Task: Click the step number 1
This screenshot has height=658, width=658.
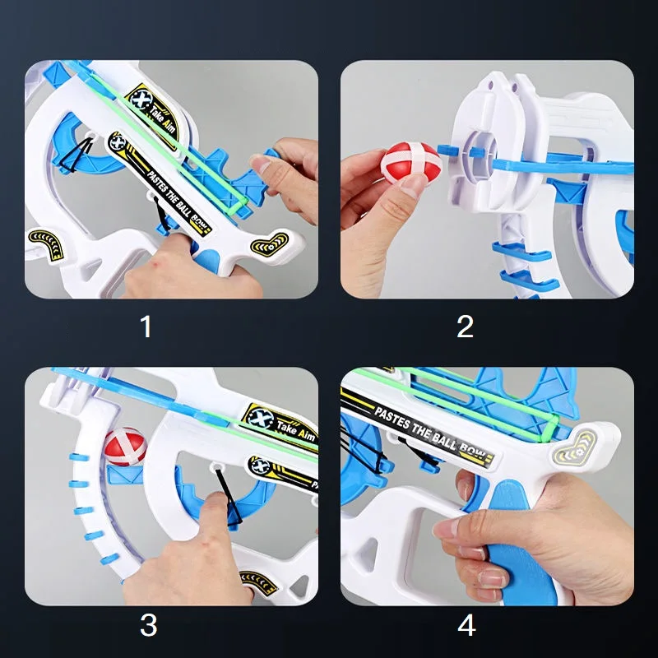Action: tap(146, 327)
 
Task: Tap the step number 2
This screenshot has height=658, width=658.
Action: tap(465, 327)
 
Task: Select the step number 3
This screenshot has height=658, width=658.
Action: tap(149, 625)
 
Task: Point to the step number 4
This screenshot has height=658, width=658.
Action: tap(466, 625)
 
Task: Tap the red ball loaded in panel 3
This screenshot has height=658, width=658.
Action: tap(125, 447)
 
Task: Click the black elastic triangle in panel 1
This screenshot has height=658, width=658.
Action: tap(76, 156)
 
